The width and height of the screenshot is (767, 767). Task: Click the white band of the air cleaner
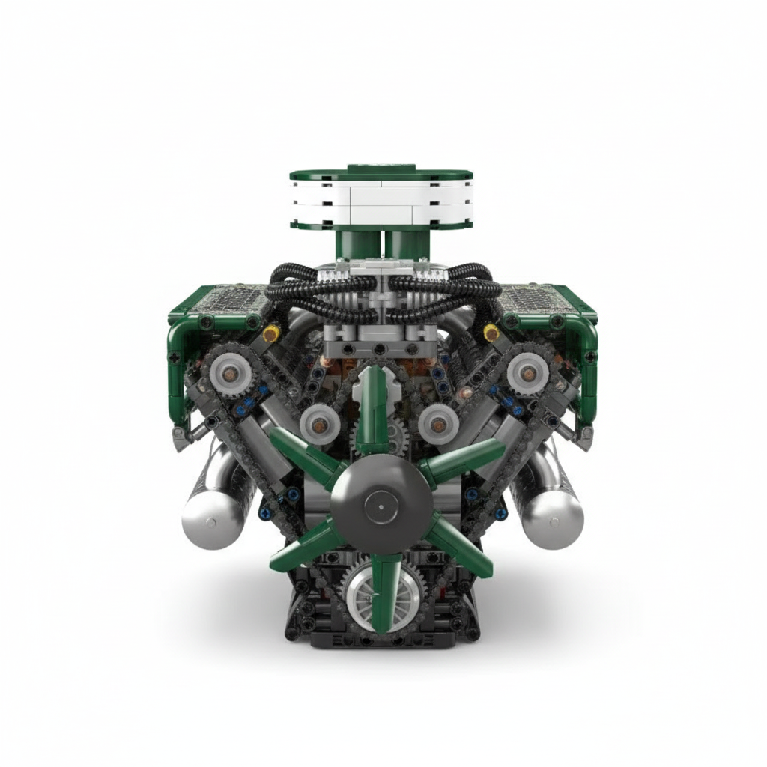[381, 201]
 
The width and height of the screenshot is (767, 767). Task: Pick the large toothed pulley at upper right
[531, 370]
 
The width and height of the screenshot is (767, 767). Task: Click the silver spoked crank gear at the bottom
[368, 591]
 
